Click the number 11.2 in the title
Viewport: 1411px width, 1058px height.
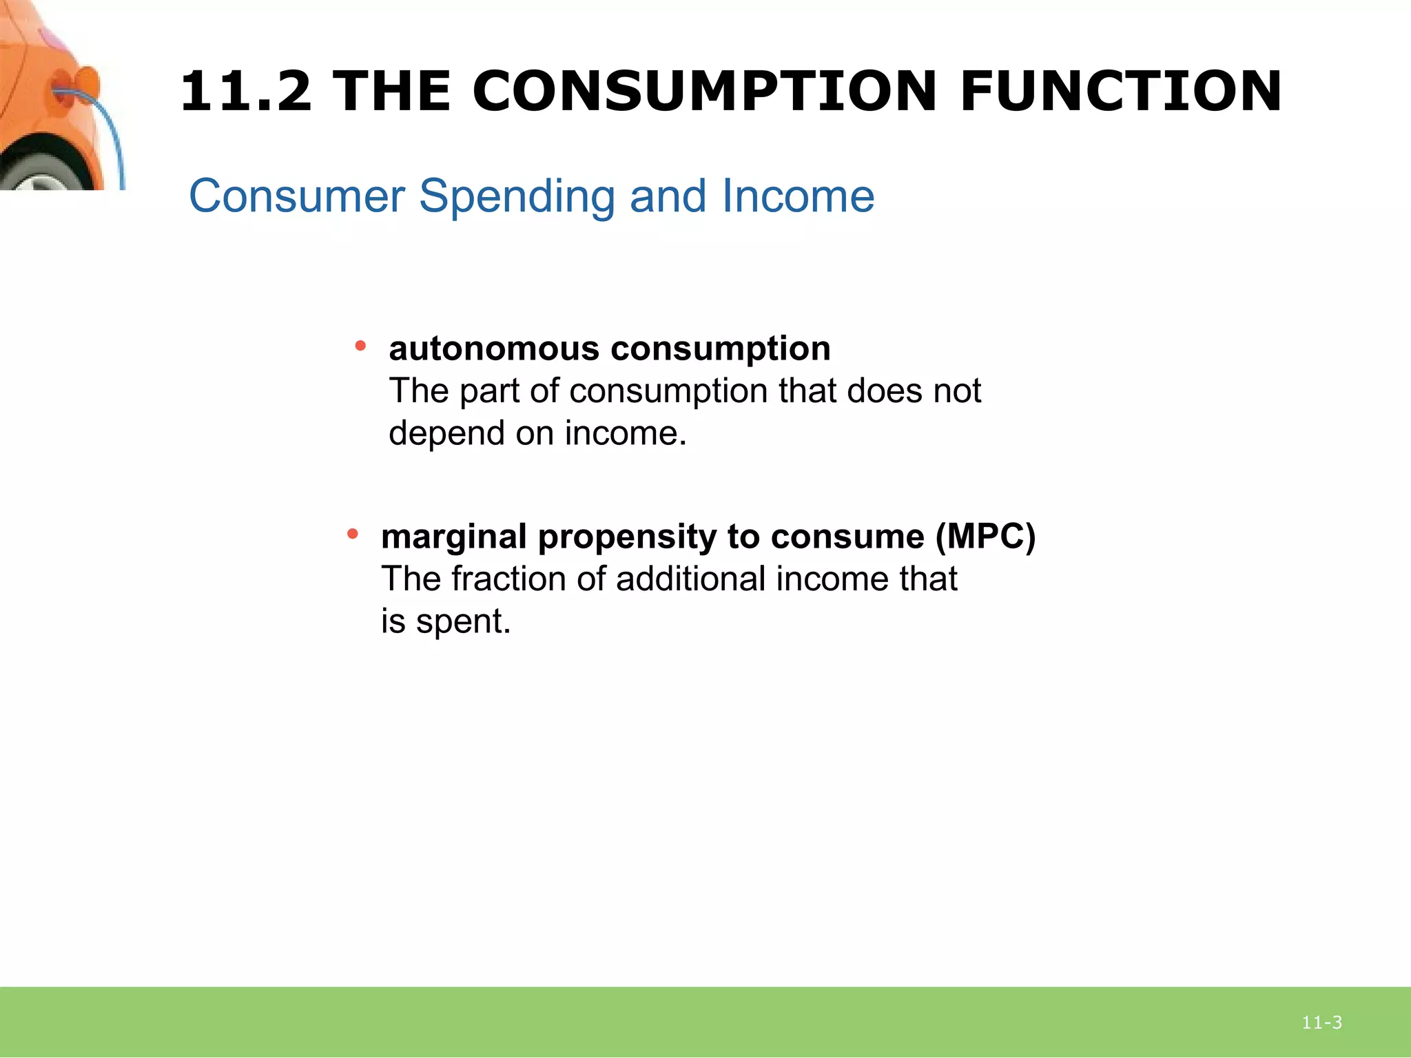click(246, 92)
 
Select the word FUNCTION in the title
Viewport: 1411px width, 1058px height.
click(1120, 92)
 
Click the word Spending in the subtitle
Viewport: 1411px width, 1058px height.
click(516, 197)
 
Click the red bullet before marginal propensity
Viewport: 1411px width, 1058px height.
click(352, 534)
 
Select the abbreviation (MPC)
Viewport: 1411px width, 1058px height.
click(985, 537)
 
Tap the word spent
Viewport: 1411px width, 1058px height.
click(463, 622)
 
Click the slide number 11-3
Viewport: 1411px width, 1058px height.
click(1321, 1022)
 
